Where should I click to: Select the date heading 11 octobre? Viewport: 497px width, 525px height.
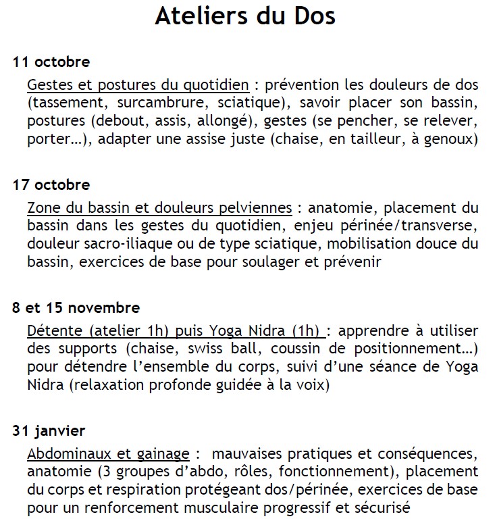pyautogui.click(x=51, y=62)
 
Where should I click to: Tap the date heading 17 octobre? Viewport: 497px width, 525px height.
pyautogui.click(x=51, y=184)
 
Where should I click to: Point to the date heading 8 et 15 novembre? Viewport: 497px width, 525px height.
pyautogui.click(x=76, y=307)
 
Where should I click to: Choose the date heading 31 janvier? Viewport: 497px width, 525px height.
pyautogui.click(x=49, y=430)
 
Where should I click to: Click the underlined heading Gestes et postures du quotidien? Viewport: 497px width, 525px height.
pyautogui.click(x=138, y=86)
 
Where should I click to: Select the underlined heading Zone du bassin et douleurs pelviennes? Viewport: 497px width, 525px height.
pyautogui.click(x=160, y=208)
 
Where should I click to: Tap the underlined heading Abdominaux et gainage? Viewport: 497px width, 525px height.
pyautogui.click(x=109, y=453)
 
